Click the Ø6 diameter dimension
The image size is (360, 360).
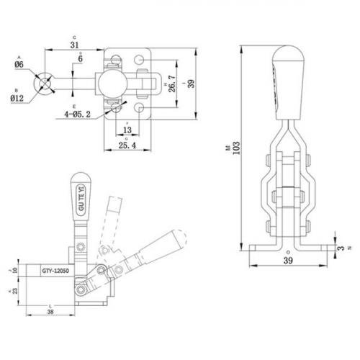point(19,64)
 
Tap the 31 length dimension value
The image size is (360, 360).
point(75,45)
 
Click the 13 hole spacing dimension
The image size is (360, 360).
point(127,130)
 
